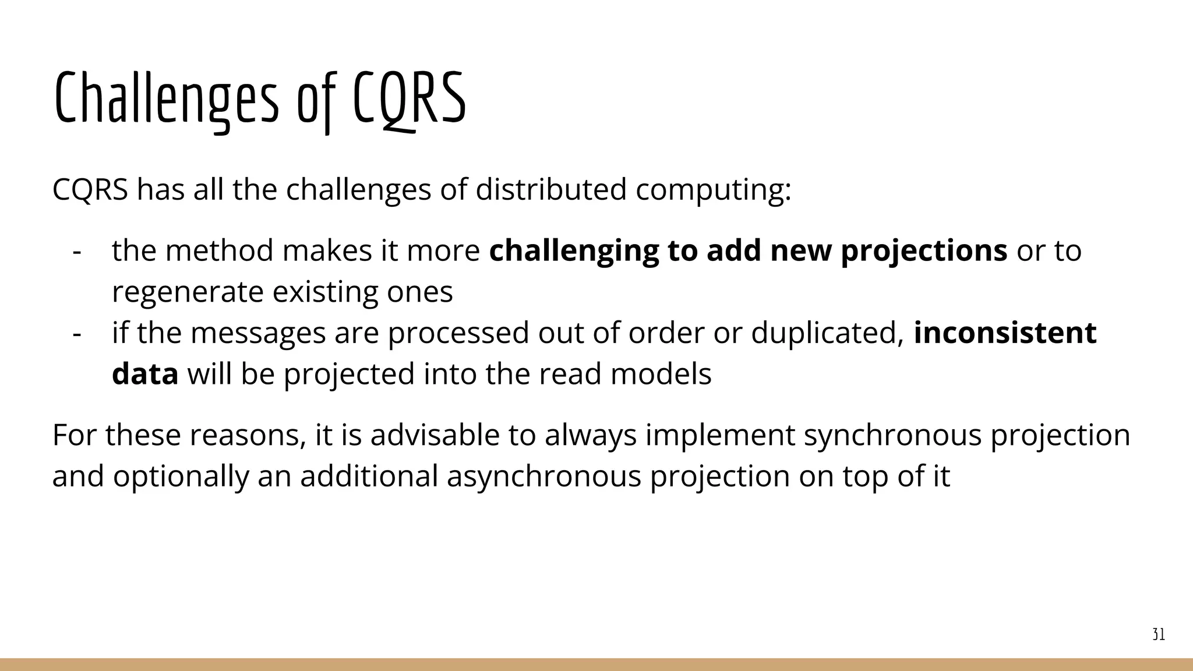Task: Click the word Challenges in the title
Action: tap(166, 99)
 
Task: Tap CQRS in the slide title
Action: tap(410, 99)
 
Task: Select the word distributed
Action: tap(550, 189)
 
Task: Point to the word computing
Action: tap(713, 190)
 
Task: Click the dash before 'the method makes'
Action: tap(76, 251)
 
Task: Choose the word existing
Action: tap(325, 292)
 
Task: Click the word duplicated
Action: tap(827, 333)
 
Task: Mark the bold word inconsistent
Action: tap(1005, 333)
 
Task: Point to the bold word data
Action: tap(145, 374)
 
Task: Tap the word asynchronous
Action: tap(543, 476)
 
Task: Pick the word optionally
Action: tap(181, 476)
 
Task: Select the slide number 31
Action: tap(1159, 635)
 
